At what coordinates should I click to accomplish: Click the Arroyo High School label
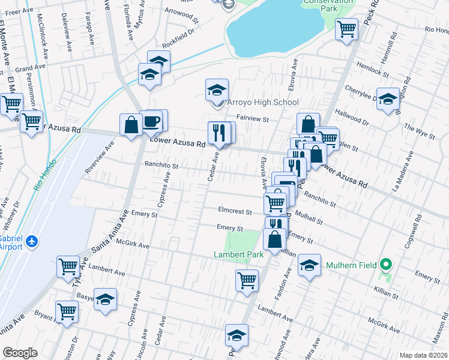(262, 103)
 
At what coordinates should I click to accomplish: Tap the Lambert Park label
(239, 255)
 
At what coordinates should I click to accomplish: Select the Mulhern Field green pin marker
(387, 264)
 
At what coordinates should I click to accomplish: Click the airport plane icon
(32, 241)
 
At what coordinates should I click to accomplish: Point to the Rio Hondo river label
(45, 175)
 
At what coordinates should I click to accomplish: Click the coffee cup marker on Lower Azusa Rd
(152, 122)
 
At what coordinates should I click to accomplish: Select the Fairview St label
(252, 119)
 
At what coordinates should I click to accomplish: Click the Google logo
(20, 353)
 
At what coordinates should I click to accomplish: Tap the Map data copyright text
(423, 355)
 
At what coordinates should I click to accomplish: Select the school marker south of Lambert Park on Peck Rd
(237, 335)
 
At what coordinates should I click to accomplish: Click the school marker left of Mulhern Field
(309, 265)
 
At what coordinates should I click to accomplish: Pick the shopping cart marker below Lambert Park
(247, 280)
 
